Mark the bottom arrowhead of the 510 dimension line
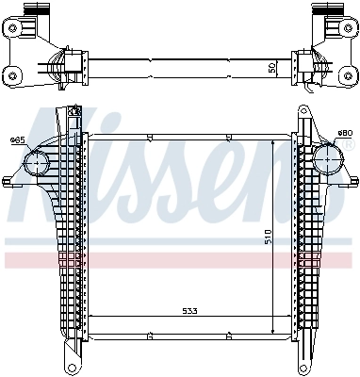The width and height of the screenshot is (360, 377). (272, 334)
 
